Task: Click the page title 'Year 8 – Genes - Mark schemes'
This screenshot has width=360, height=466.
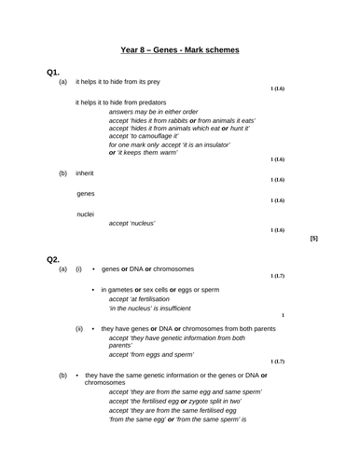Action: click(180, 49)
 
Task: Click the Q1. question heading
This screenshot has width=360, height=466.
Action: click(53, 73)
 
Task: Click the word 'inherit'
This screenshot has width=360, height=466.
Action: click(85, 173)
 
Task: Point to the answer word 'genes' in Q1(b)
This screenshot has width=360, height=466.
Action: click(86, 194)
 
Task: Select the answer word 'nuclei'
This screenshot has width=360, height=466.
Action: click(86, 214)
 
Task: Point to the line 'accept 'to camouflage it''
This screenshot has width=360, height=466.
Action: click(156, 136)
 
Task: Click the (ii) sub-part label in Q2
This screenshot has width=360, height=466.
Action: click(79, 328)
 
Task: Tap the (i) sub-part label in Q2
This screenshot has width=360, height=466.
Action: click(79, 269)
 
